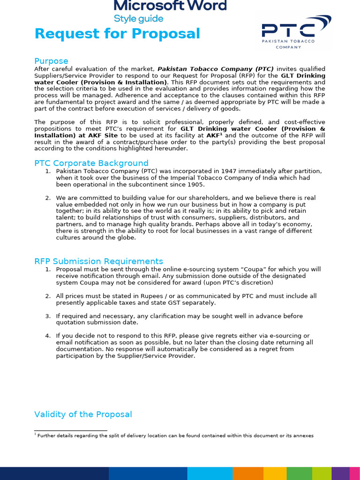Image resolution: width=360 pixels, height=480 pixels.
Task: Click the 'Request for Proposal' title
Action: pos(117,34)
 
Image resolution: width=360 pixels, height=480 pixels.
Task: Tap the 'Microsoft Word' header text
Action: pos(170,6)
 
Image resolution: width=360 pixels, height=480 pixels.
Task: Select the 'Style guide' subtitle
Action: pos(139,19)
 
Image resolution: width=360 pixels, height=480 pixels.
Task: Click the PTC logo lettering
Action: pos(288,30)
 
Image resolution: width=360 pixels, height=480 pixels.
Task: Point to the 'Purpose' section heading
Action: pos(51,61)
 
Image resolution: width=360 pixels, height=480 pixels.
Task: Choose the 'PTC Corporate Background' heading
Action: pos(91,163)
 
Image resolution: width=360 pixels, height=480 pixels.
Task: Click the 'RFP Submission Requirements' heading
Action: pos(98,261)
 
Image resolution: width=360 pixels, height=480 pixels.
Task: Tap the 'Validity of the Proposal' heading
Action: pos(83,414)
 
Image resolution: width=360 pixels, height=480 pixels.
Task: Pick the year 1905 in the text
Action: pos(195,184)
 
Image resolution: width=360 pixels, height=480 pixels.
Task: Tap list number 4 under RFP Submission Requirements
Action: pos(48,336)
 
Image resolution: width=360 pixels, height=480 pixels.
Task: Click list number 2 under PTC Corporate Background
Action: pos(48,198)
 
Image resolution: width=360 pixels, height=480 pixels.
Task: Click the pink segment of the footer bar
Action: pos(355,473)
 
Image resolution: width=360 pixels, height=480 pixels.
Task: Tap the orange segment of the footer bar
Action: pos(248,473)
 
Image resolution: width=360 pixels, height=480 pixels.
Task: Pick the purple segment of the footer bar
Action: pos(340,473)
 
